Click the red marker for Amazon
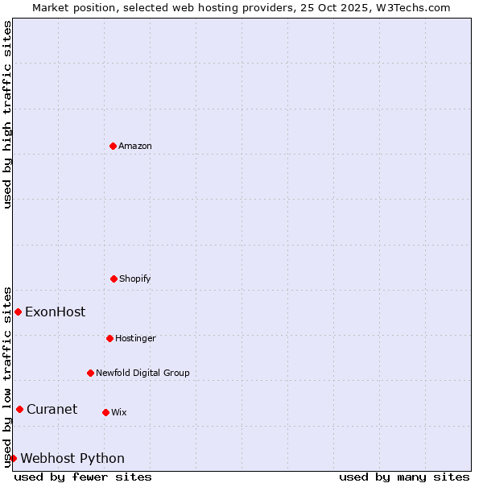(113, 146)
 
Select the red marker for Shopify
(114, 279)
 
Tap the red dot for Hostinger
(109, 338)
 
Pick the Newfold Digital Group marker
(90, 373)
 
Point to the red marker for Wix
(105, 412)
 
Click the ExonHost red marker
(18, 312)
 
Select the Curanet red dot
(19, 409)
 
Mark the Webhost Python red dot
(13, 458)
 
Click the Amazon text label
(135, 147)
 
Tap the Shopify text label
(135, 279)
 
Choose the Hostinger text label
(135, 339)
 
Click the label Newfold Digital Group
(143, 374)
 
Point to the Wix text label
(119, 413)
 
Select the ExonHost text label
(55, 312)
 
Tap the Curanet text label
(52, 410)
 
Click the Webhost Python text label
(72, 459)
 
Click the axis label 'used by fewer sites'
(83, 477)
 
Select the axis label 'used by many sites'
(404, 477)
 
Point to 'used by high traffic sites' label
(7, 114)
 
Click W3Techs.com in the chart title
(410, 7)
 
